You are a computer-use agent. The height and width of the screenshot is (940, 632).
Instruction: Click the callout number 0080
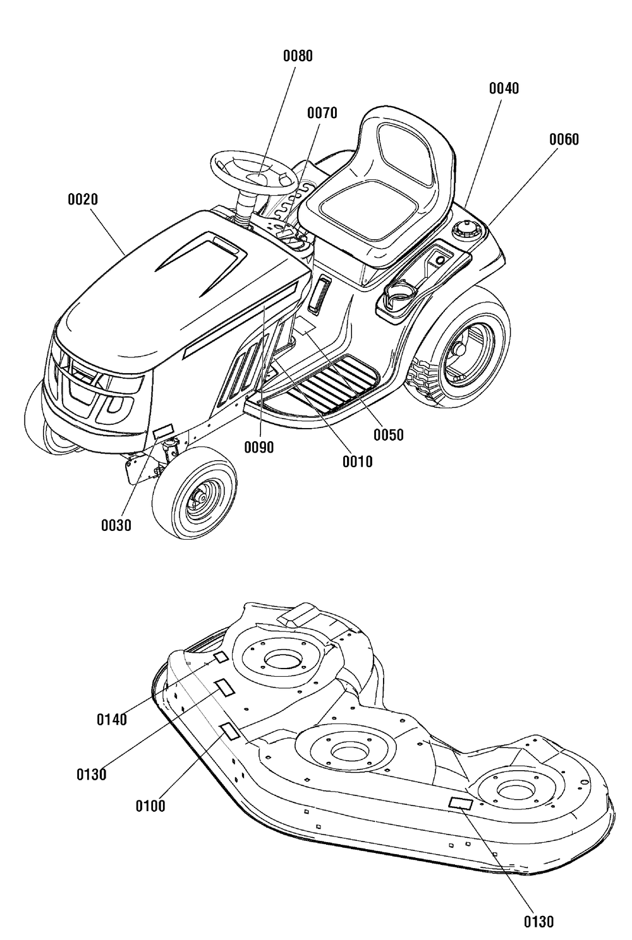pyautogui.click(x=298, y=56)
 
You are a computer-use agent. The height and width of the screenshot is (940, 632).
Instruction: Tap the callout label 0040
pyautogui.click(x=504, y=88)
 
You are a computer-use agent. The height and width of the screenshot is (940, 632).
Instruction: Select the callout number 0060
pyautogui.click(x=564, y=140)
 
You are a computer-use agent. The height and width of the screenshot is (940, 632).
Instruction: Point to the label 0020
pyautogui.click(x=83, y=199)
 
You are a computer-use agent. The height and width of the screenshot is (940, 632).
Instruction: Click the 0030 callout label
pyautogui.click(x=116, y=525)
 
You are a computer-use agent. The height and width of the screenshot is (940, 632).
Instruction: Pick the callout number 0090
pyautogui.click(x=259, y=448)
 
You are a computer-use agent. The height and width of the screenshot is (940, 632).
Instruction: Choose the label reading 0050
pyautogui.click(x=388, y=435)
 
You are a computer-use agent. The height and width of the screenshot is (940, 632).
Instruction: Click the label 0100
pyautogui.click(x=150, y=806)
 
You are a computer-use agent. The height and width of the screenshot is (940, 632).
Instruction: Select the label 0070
pyautogui.click(x=322, y=113)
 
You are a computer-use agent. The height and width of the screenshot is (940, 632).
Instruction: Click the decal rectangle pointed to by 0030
pyautogui.click(x=164, y=431)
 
